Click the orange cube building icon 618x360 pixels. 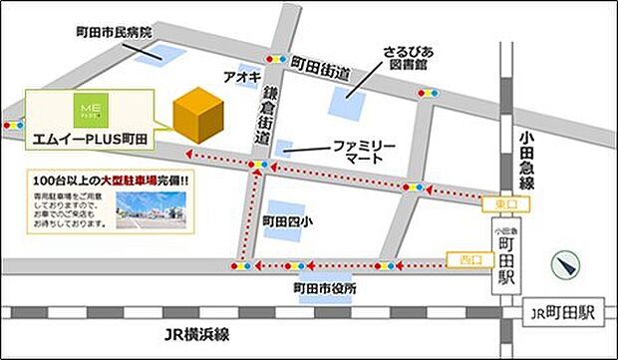click(198, 116)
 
